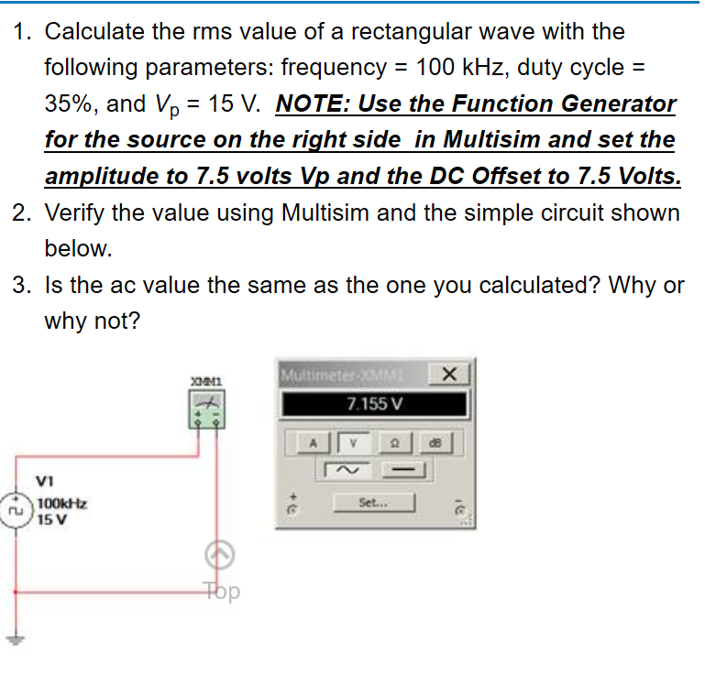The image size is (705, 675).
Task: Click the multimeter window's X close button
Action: pos(448,374)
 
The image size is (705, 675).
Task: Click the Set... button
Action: pos(376,502)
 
